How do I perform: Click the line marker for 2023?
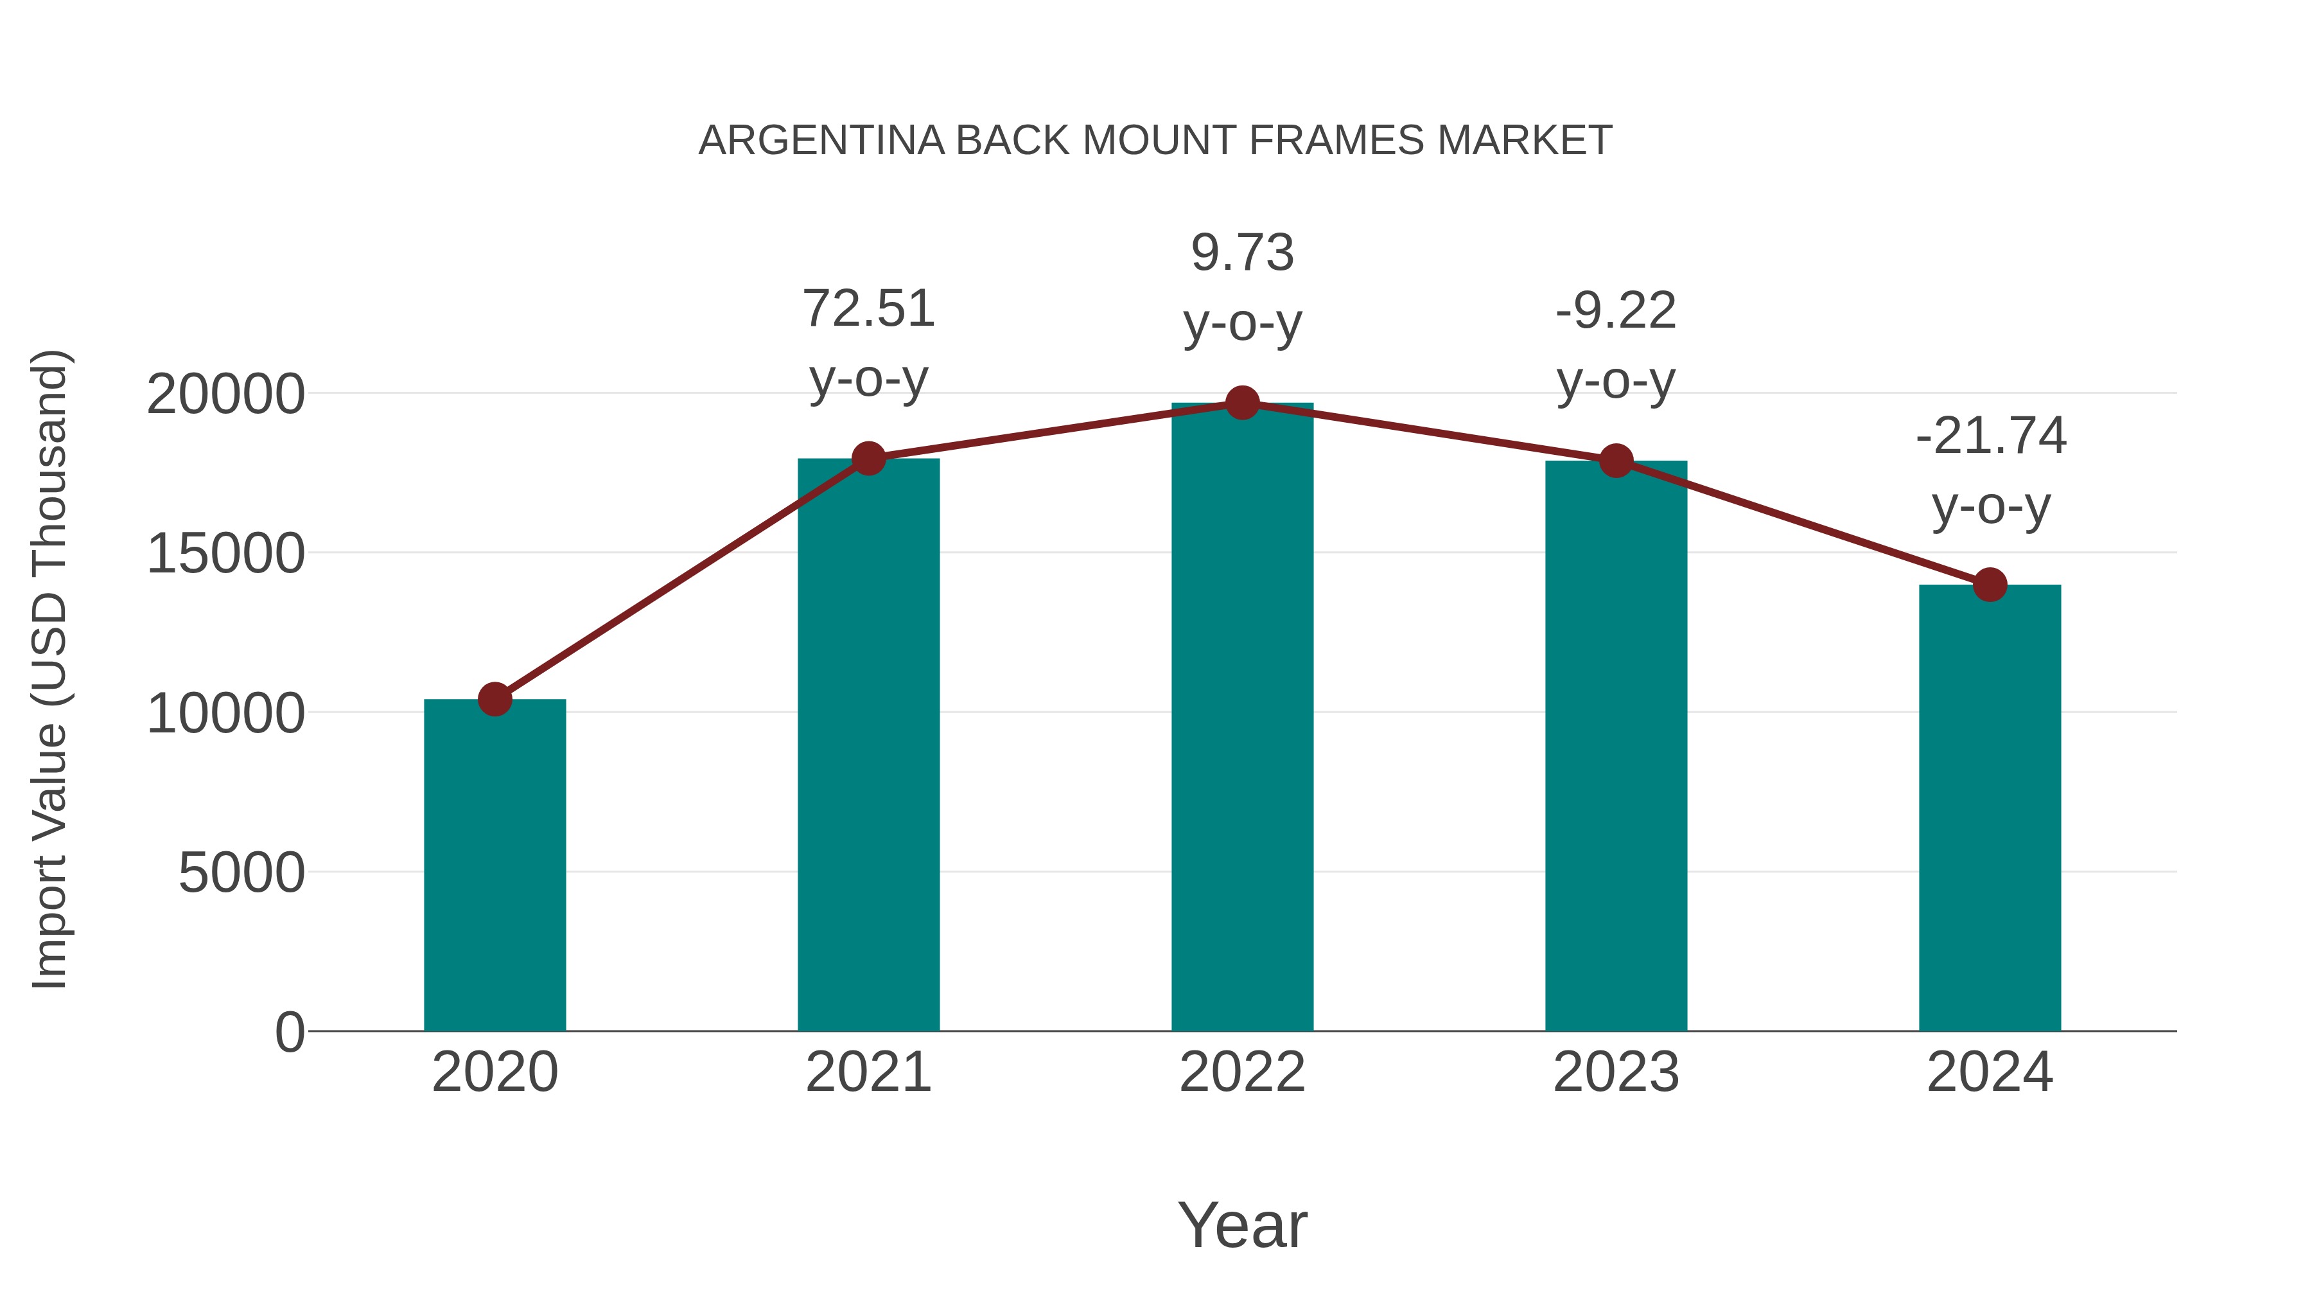(x=1616, y=461)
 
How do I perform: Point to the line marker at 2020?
(x=495, y=698)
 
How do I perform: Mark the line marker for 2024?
(x=1990, y=585)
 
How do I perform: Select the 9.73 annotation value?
(x=1242, y=252)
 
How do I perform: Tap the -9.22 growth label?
(x=1616, y=311)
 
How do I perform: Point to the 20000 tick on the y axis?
(x=225, y=394)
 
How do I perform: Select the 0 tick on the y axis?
(x=289, y=1032)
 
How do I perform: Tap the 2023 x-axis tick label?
(x=1616, y=1072)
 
